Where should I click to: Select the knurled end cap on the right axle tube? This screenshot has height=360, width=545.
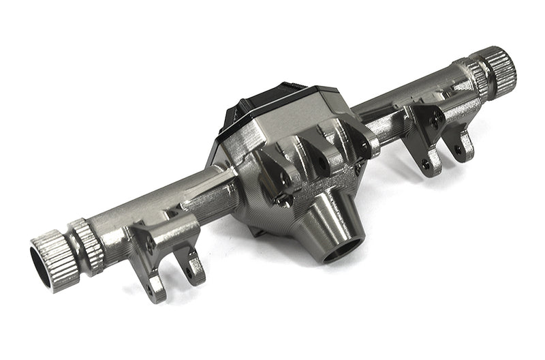(495, 65)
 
